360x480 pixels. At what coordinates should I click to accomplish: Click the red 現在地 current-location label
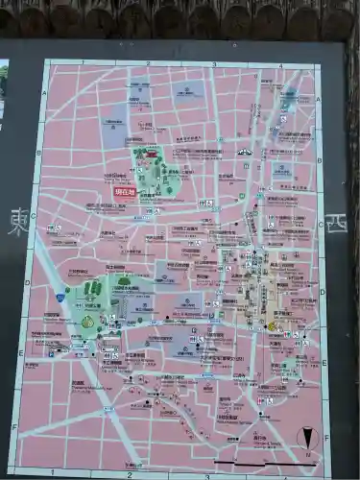click(x=125, y=192)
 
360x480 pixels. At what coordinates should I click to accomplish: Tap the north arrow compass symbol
click(x=306, y=438)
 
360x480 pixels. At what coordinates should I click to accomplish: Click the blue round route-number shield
click(x=60, y=299)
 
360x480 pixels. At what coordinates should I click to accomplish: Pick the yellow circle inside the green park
click(x=87, y=323)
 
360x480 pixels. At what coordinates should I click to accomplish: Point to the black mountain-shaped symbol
click(x=244, y=152)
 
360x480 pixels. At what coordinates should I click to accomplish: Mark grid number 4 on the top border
click(x=280, y=66)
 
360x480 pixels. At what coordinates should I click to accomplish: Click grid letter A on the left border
click(x=44, y=94)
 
